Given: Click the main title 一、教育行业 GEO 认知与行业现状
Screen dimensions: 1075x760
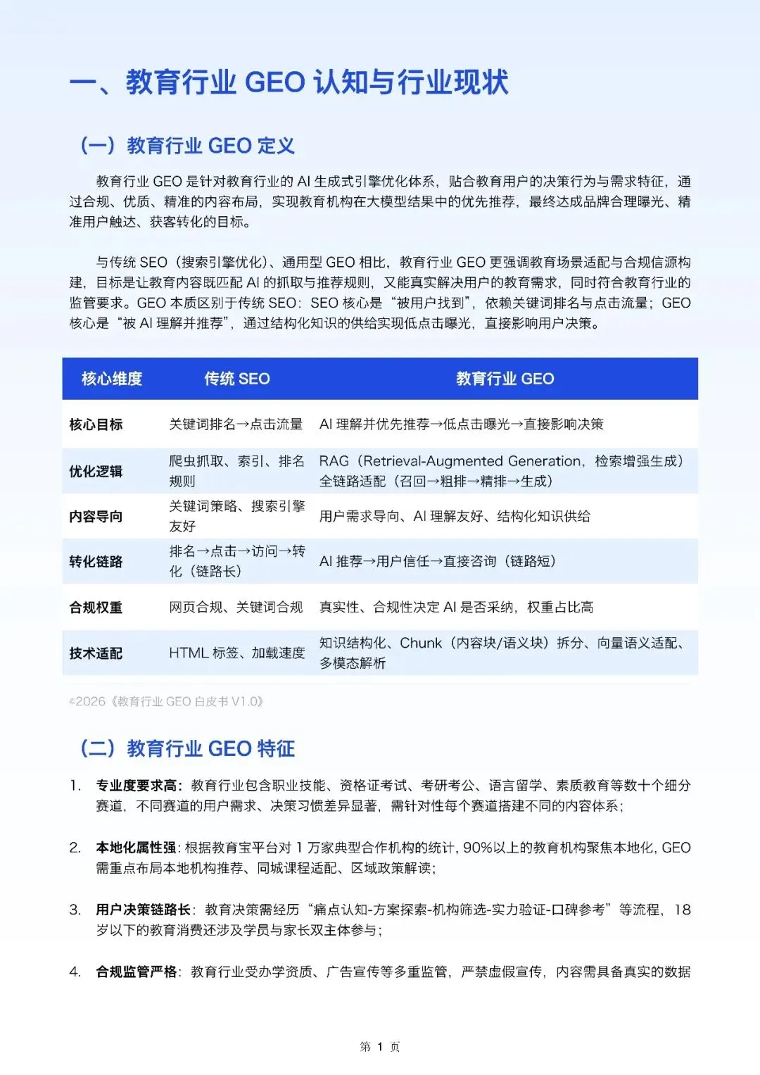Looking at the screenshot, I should (289, 82).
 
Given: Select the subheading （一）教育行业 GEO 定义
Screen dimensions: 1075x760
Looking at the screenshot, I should (187, 146).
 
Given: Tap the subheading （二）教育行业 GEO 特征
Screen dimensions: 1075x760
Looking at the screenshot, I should (187, 748).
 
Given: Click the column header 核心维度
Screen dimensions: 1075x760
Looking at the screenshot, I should (112, 379).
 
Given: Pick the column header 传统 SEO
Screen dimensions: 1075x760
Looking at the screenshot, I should (237, 379).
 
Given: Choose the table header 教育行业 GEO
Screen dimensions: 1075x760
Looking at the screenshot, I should (505, 379).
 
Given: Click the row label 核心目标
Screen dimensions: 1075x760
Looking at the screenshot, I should (96, 425).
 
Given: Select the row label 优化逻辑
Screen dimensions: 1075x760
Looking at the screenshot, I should (96, 471).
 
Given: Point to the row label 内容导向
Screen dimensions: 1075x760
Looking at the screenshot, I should (96, 516).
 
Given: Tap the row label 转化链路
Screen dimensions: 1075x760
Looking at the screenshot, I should (96, 561).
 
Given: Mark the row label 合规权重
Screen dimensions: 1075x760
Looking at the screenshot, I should (96, 607).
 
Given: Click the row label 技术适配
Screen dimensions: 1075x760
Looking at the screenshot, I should (96, 653).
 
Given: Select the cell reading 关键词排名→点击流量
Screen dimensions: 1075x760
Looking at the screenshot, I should (236, 425).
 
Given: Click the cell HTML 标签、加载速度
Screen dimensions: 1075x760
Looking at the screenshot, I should (236, 653).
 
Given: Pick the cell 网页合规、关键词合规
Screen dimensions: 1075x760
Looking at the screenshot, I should (236, 607).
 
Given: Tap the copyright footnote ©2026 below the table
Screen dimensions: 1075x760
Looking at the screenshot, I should (166, 701).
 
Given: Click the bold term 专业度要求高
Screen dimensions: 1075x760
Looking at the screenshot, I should (138, 785).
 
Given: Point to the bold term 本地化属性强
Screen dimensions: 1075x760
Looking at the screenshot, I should (136, 848).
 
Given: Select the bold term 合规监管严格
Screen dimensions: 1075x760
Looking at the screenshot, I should (136, 972).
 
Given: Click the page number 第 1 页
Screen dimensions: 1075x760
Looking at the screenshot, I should (380, 1047).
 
